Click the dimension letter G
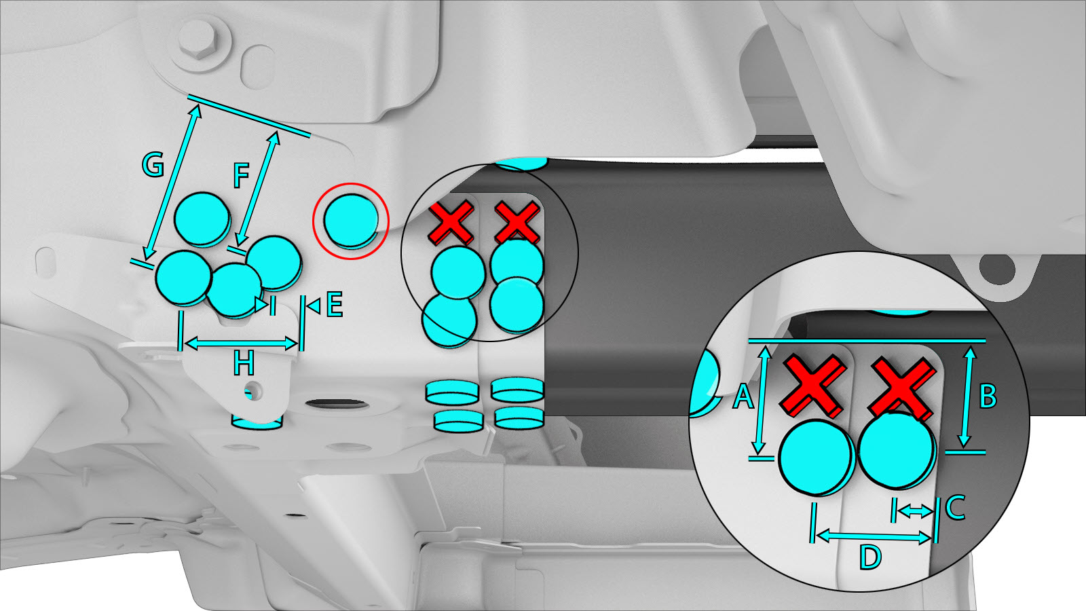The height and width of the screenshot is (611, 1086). coord(153,164)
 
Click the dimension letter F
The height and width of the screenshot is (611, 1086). coord(241,175)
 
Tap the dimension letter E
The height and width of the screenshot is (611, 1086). coord(335,304)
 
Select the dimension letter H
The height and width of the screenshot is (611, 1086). coord(244,363)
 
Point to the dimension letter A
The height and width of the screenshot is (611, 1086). coord(743,396)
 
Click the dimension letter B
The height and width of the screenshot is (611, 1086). coord(988,396)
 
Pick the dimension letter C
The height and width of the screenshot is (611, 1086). coord(954,507)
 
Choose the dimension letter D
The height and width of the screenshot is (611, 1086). coord(870,557)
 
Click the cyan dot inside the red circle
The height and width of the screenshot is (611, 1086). coord(351,221)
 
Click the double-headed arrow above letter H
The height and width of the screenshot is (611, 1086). coord(241,344)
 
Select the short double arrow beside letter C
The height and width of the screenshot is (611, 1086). coord(914,510)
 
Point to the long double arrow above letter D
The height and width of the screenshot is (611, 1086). coord(874,536)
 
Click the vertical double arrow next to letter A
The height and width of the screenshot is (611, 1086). coord(762,400)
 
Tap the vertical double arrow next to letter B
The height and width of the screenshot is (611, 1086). coord(967,396)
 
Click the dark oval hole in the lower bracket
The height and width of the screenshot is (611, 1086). coord(337,403)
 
